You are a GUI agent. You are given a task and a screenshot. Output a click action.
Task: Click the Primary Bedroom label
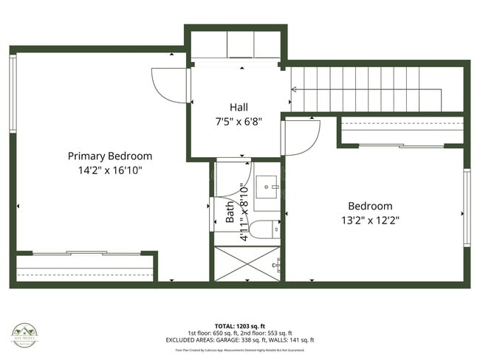tap(110, 156)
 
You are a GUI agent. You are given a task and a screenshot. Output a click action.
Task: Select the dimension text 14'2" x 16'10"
tap(110, 170)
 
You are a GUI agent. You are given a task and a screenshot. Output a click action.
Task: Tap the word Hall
tap(238, 107)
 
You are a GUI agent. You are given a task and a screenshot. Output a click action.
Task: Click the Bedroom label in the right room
tap(371, 206)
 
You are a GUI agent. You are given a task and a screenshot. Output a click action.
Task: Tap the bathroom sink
tap(267, 188)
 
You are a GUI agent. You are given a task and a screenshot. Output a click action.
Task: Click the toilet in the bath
tap(263, 229)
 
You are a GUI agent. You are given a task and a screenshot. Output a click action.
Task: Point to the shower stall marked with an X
tap(247, 264)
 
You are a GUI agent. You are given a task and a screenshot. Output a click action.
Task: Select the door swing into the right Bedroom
tap(301, 137)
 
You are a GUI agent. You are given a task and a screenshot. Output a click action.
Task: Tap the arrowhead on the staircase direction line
tap(294, 90)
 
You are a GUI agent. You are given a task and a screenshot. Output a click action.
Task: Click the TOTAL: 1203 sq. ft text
tap(240, 325)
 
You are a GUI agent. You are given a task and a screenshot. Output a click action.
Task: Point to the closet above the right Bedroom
tap(402, 131)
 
